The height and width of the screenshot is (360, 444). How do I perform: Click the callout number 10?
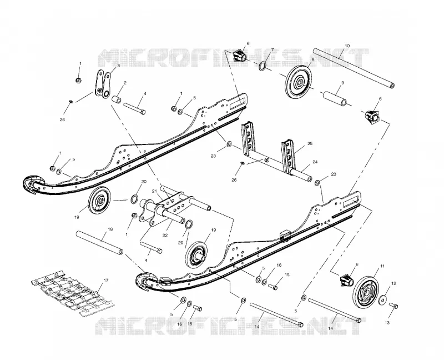click(347, 46)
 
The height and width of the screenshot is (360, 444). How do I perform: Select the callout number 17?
click(106, 281)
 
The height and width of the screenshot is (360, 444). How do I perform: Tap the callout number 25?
click(310, 143)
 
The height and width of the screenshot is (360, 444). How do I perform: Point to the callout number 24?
click(315, 162)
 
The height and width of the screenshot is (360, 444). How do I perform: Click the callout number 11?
click(382, 266)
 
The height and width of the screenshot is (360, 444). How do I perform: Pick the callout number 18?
click(110, 229)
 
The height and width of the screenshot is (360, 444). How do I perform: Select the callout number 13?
click(387, 323)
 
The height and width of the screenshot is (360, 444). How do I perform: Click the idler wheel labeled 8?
click(299, 81)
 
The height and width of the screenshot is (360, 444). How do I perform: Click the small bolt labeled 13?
click(393, 306)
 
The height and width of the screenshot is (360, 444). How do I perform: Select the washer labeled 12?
click(384, 299)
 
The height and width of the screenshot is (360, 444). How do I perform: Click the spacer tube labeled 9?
click(335, 98)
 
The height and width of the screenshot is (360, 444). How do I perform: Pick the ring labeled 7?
click(263, 66)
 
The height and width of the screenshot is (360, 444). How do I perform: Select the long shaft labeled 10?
click(354, 68)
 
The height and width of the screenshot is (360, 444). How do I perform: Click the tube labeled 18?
click(99, 243)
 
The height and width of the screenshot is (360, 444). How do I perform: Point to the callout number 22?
click(165, 235)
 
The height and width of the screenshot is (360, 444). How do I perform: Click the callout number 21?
click(154, 191)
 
